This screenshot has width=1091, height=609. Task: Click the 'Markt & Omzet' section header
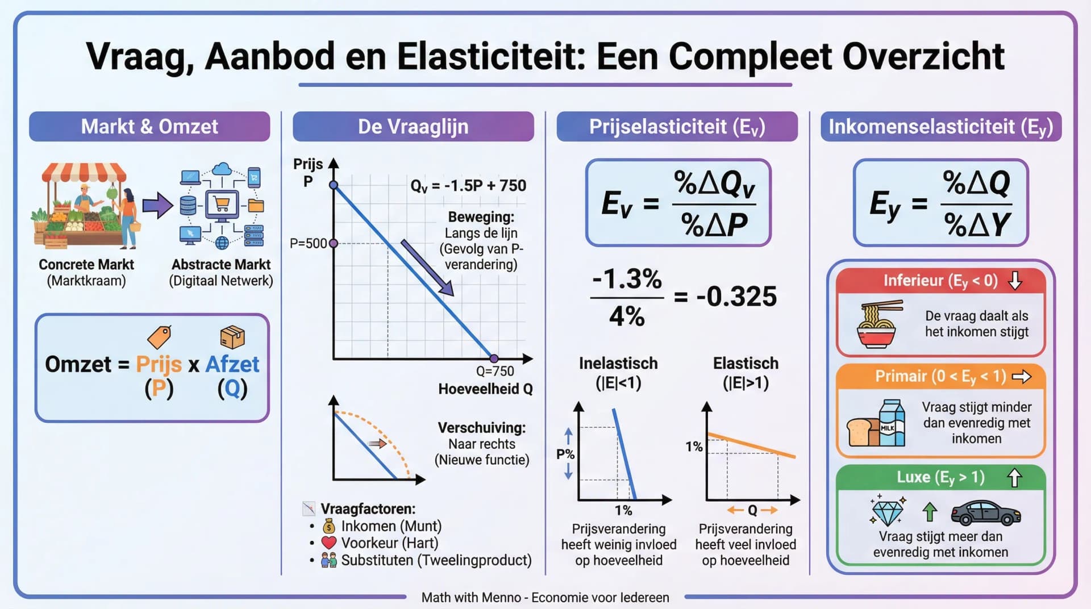point(149,126)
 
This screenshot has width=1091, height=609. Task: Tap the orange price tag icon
point(159,337)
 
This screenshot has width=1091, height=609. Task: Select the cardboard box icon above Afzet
point(232,337)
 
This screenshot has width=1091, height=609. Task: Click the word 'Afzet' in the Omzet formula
point(232,364)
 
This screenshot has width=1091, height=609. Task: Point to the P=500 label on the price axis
point(308,244)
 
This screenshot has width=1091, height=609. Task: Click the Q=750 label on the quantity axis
point(495,371)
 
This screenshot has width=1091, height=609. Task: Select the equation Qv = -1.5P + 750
point(468,186)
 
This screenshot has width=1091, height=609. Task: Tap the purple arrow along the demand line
point(427,268)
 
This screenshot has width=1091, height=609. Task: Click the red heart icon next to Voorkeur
point(329,543)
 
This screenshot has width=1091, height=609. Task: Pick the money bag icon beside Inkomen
point(329,527)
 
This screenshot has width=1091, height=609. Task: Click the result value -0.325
point(736,297)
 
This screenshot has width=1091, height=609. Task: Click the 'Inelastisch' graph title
point(618,364)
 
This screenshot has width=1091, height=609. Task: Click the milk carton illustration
point(892,423)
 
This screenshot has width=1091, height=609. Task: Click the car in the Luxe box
point(985,513)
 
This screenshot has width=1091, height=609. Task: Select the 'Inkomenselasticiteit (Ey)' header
point(940,126)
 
